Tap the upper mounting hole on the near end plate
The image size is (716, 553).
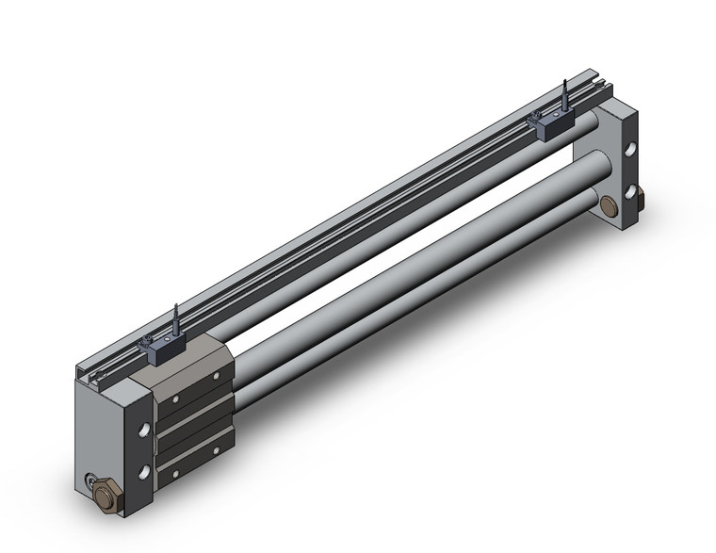point(143,430)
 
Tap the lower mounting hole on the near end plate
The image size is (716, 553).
point(143,471)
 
